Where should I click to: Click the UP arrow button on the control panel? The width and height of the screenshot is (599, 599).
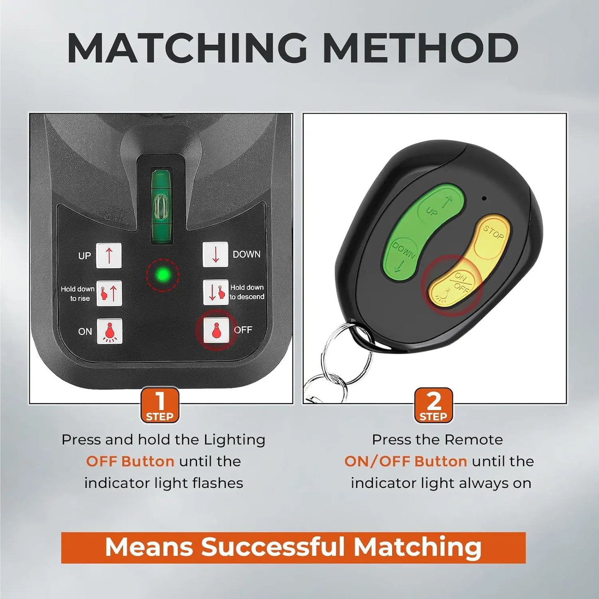109,255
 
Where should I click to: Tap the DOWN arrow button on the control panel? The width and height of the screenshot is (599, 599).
216,255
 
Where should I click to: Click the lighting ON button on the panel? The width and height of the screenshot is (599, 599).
110,331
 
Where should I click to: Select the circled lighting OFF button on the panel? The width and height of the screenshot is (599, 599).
216,330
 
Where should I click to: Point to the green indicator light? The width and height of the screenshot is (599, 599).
163,274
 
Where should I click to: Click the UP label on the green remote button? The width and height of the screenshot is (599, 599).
432,212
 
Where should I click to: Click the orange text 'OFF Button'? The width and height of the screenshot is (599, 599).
130,461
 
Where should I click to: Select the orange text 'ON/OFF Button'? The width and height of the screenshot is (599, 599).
405,462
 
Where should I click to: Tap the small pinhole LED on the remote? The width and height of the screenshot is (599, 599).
483,198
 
